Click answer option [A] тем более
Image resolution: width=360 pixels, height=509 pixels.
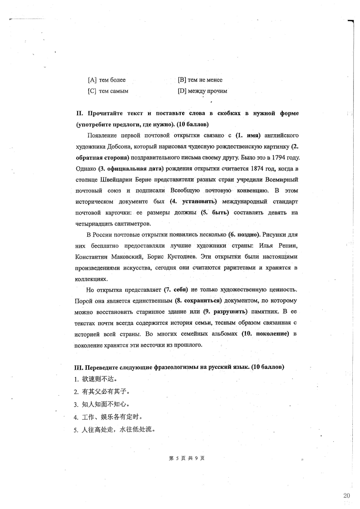pos(107,80)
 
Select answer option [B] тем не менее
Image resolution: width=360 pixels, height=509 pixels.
pos(200,80)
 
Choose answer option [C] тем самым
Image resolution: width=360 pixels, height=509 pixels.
pos(108,91)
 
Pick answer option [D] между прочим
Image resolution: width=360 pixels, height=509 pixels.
pos(202,91)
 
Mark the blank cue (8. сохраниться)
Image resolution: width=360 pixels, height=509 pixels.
pos(198,300)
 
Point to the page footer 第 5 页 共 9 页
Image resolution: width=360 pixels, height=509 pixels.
pos(186,458)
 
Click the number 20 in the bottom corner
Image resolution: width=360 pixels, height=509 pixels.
pos(346,495)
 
